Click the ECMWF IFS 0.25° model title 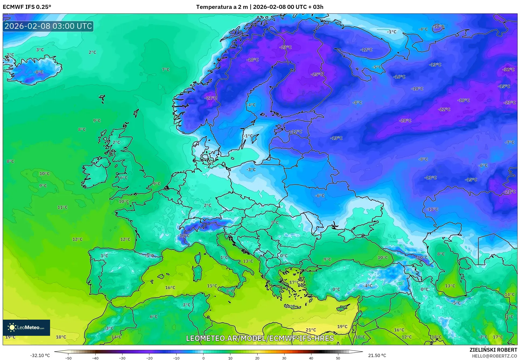point(27,7)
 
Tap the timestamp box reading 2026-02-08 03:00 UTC point(48,26)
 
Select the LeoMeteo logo point(26,327)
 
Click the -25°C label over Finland point(317,74)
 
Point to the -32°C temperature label point(508,69)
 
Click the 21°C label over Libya point(311,330)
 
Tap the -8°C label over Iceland point(38,72)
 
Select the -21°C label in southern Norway point(211,98)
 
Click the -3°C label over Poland point(251,170)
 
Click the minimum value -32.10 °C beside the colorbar point(40,355)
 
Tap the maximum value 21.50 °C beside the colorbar point(377,355)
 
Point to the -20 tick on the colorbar point(149,358)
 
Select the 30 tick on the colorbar point(284,358)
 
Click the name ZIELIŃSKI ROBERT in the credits point(493,350)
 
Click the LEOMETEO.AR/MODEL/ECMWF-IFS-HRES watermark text point(260,338)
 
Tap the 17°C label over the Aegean point(293,282)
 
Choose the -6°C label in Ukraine point(320,196)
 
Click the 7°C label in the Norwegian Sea point(166,70)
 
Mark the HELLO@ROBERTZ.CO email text point(494,356)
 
